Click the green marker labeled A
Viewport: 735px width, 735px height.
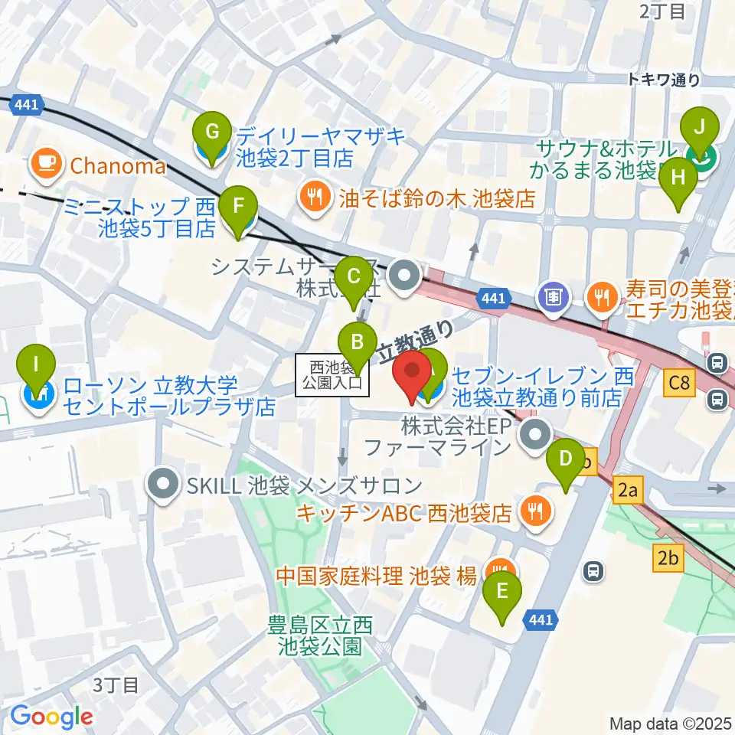point(430,366)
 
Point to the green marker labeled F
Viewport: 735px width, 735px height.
point(238,207)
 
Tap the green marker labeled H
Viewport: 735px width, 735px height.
point(678,179)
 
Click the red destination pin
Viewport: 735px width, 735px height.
point(412,372)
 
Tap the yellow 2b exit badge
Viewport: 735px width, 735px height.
point(668,559)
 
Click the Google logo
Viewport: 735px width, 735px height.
point(51,717)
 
